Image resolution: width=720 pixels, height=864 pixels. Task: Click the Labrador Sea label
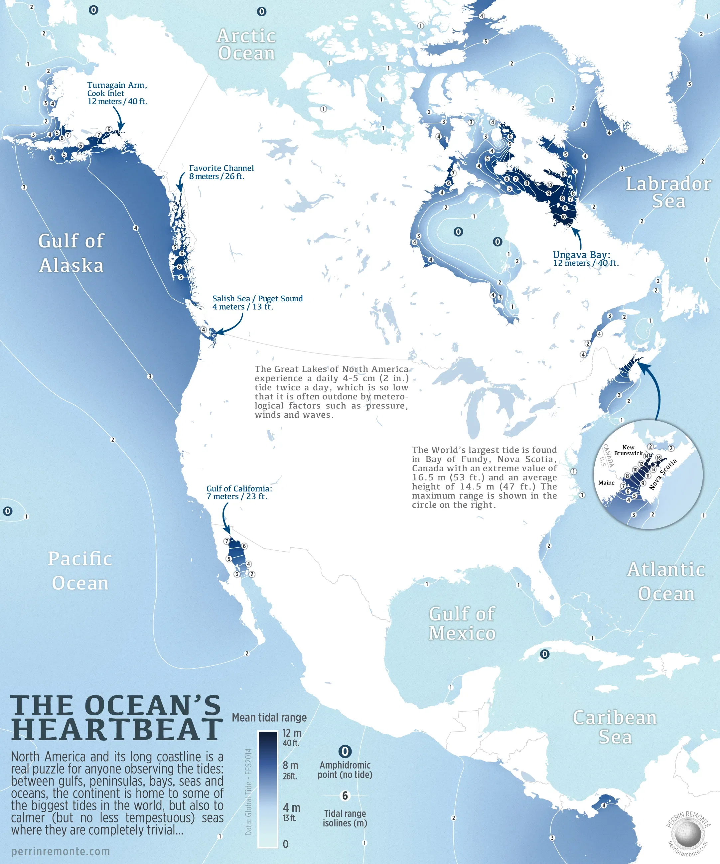click(668, 192)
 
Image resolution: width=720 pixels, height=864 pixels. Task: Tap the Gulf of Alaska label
click(71, 253)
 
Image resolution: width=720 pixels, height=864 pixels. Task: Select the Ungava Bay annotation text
click(585, 258)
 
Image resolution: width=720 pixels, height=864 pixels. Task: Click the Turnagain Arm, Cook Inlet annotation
click(117, 93)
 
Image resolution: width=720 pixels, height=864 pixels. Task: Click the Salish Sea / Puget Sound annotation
click(257, 302)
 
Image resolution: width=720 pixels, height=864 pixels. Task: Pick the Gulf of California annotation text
click(239, 492)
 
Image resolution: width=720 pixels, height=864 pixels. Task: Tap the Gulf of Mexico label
click(462, 623)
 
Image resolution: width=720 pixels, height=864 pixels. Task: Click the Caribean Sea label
click(615, 727)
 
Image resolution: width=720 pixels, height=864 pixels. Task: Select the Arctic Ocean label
click(246, 45)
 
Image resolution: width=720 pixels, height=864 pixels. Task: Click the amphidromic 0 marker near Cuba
click(544, 654)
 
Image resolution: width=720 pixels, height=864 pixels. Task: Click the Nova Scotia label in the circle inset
click(663, 474)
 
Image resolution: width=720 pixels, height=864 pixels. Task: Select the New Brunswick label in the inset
click(628, 450)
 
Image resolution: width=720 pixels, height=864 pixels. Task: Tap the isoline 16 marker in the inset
click(658, 458)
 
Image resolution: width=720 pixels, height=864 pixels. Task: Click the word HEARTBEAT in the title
click(117, 729)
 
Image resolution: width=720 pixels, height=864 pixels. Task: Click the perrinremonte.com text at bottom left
click(61, 851)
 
